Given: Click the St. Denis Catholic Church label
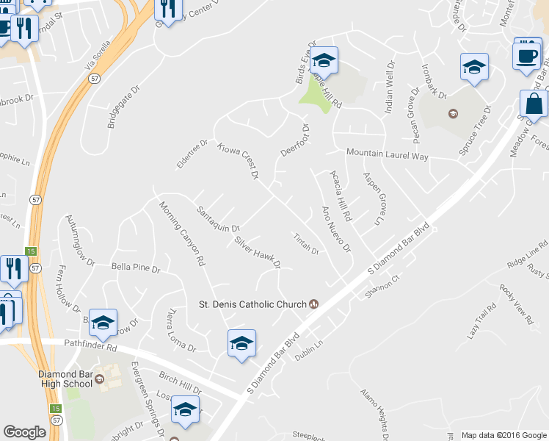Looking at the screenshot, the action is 255,304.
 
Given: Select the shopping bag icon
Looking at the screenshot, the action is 534,106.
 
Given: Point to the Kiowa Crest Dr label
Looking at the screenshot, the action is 239,161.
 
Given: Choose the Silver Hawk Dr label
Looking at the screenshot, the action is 257,252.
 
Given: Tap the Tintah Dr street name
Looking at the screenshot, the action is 305,243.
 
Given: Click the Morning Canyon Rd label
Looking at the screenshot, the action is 181,233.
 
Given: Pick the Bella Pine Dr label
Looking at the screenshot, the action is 135,268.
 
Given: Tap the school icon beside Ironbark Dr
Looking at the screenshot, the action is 475,68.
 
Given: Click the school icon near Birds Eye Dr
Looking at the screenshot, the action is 323,60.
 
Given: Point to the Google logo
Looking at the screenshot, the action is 24,432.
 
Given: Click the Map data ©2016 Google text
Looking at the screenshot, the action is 503,435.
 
